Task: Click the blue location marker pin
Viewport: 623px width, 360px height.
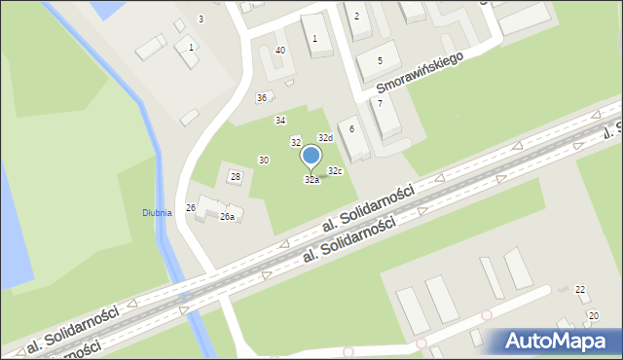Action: coord(311,157)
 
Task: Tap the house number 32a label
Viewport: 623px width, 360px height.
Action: coord(311,180)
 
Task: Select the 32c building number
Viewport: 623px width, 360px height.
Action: coord(335,171)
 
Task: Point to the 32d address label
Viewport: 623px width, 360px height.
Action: coord(325,138)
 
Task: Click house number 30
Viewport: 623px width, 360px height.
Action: coord(264,160)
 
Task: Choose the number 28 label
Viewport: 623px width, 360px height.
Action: coord(235,176)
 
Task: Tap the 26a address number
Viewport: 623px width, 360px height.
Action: coord(227,217)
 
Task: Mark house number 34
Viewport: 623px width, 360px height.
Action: coord(280,121)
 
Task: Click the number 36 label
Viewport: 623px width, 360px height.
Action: coord(262,98)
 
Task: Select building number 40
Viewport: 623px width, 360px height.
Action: coord(280,50)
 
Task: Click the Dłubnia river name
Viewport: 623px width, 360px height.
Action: coord(157,212)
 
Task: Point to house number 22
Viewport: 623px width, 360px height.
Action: coord(580,290)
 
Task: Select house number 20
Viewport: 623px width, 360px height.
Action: coord(594,316)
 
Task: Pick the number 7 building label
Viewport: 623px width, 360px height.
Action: coord(380,103)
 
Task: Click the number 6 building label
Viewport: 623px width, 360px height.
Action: coord(351,129)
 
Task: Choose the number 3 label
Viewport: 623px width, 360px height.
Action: coord(201,19)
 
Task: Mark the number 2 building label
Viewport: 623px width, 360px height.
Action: coord(356,16)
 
